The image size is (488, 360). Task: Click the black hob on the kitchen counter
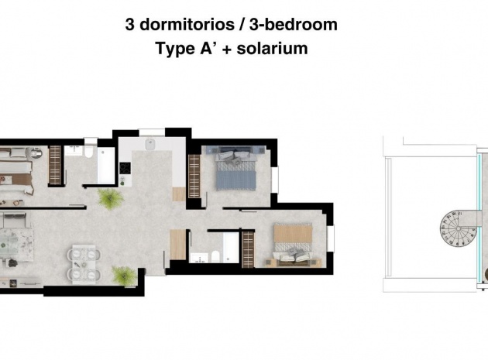pyautogui.click(x=123, y=166)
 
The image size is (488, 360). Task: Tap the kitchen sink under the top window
pyautogui.click(x=152, y=144)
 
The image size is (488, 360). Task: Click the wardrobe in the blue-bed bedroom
pyautogui.click(x=194, y=173)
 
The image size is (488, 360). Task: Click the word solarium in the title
pyautogui.click(x=272, y=48)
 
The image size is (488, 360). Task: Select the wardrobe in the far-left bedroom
pyautogui.click(x=55, y=165)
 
